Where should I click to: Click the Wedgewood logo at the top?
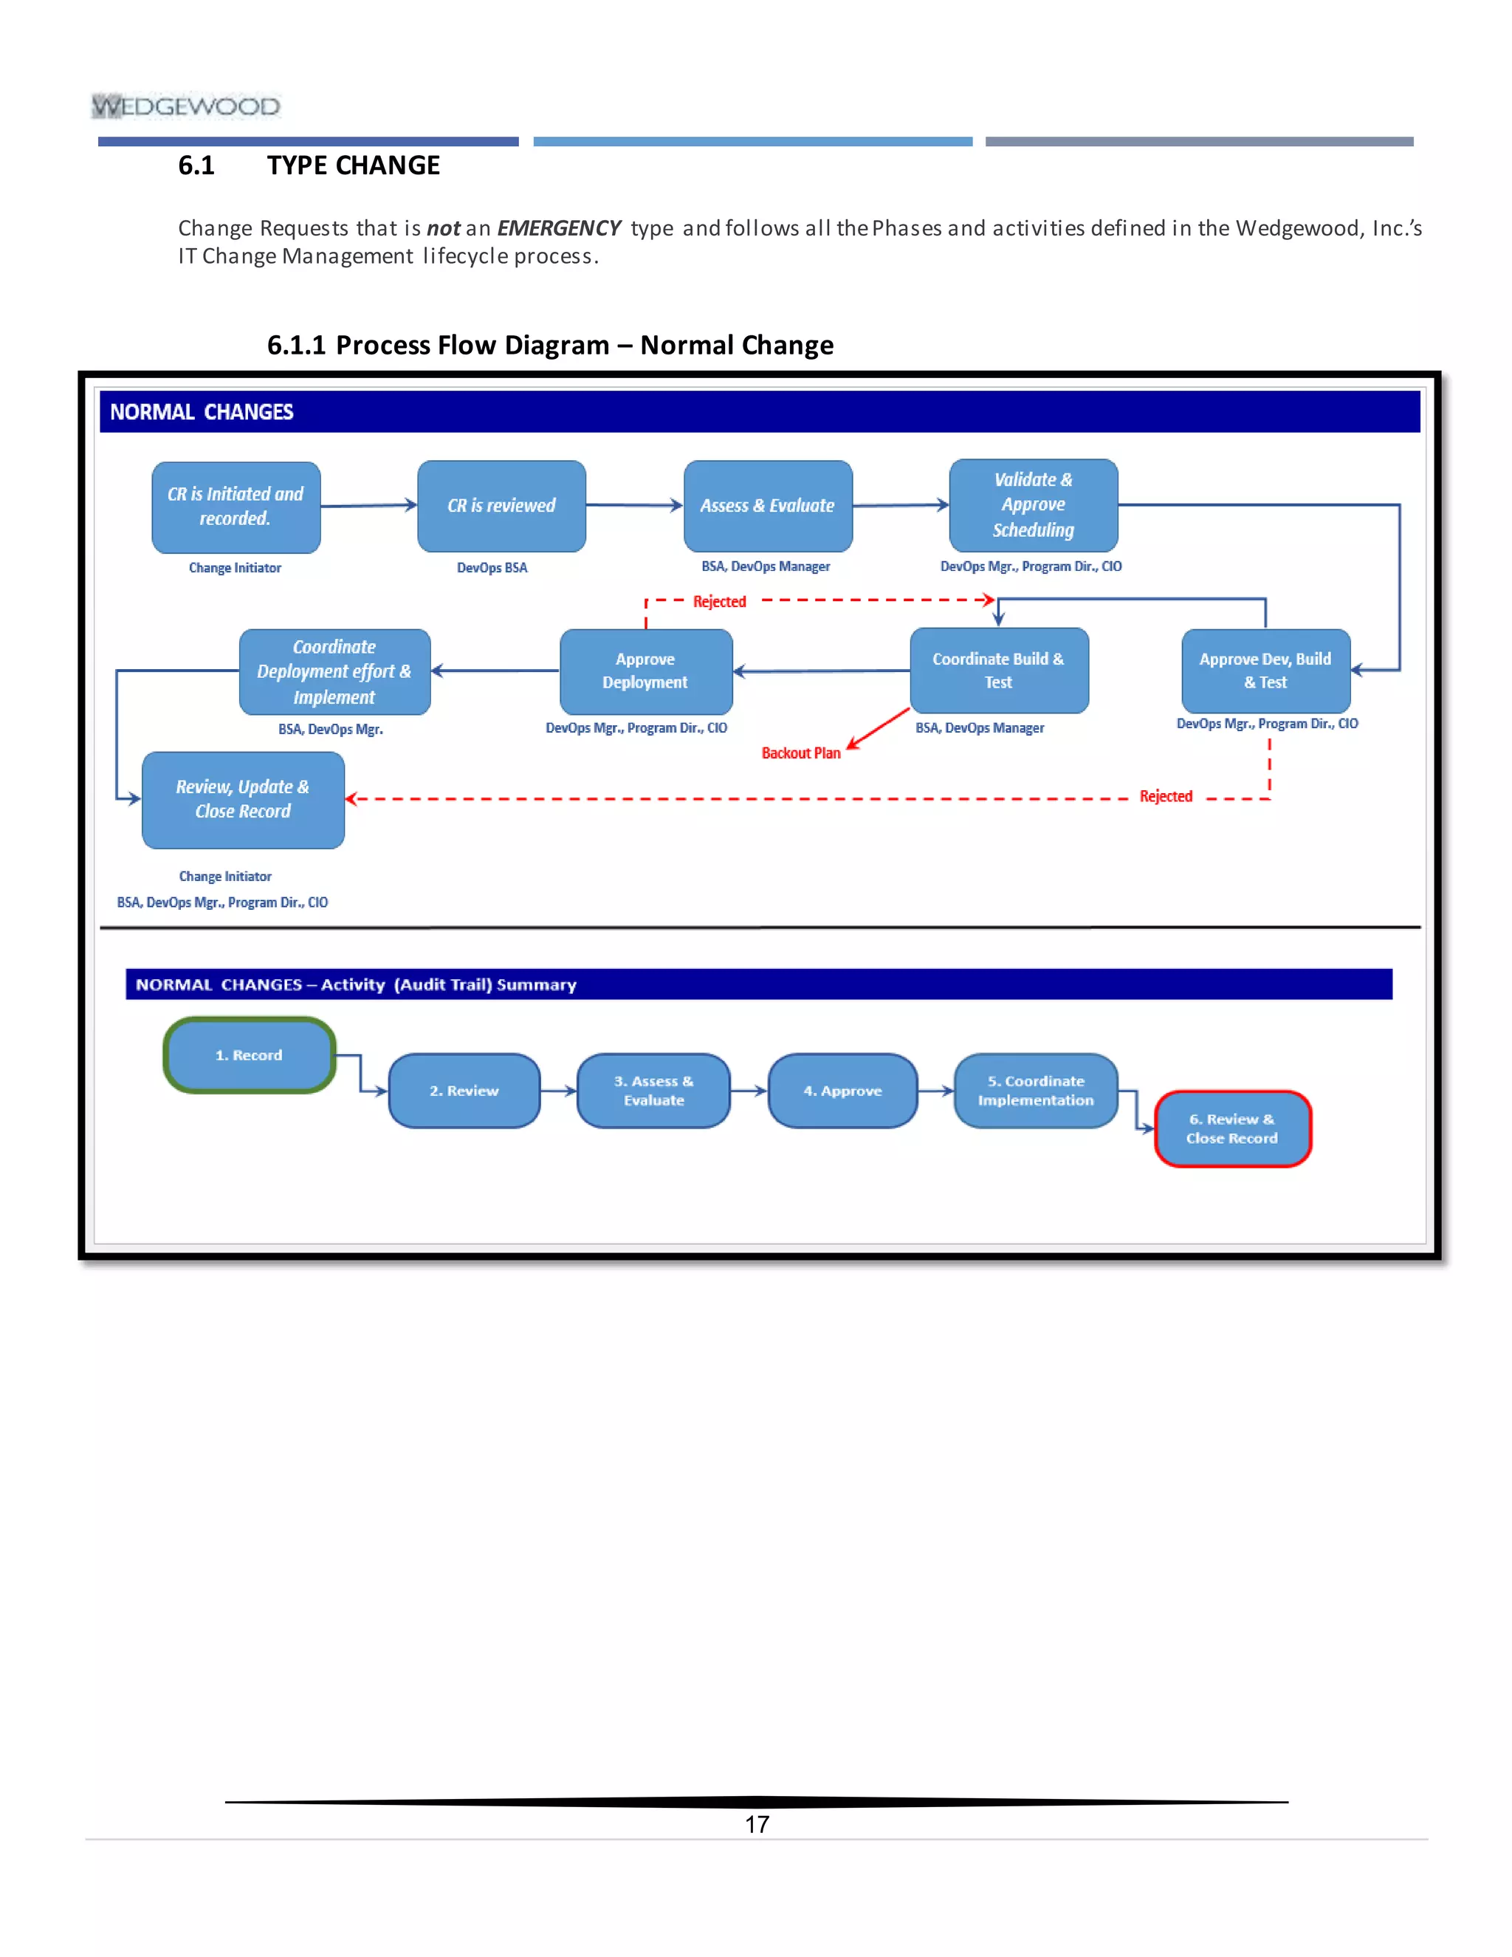185,106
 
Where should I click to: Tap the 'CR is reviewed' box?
501,507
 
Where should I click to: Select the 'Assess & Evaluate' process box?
768,507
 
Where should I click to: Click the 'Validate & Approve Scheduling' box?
1033,505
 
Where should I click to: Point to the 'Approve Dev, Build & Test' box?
1265,671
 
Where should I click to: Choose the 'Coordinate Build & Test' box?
999,671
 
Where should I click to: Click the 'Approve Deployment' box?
645,671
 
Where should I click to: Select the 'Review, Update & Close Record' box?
243,799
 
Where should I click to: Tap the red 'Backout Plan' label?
801,753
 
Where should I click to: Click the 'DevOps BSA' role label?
492,568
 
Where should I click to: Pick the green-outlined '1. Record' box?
249,1055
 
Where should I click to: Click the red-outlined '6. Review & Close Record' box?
1231,1129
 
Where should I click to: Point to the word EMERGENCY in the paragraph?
559,228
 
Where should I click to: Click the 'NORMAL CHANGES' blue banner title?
202,412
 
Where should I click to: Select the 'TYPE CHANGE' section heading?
353,165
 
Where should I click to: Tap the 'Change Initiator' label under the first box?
235,568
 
